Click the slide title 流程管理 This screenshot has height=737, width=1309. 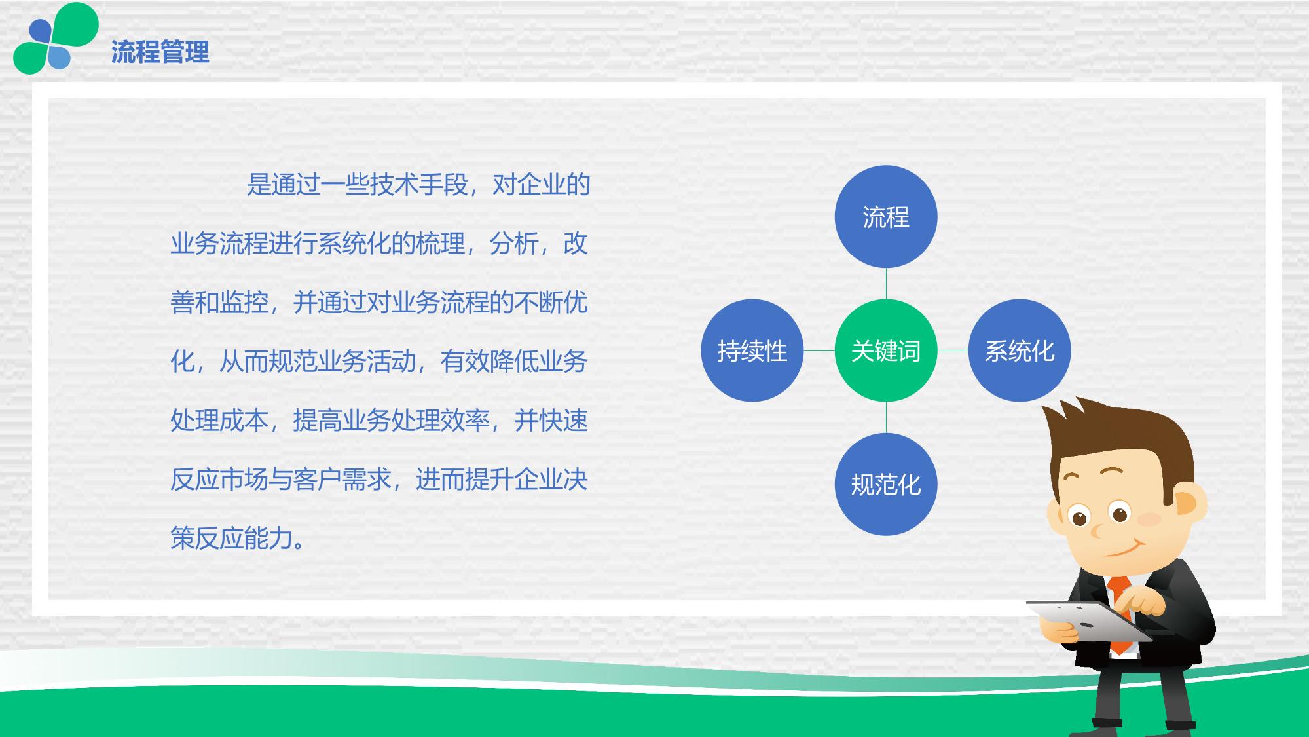pyautogui.click(x=160, y=52)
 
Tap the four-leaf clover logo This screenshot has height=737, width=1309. pyautogui.click(x=56, y=38)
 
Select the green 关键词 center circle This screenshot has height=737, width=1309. pyautogui.click(x=886, y=350)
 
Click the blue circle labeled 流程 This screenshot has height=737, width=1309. pyautogui.click(x=886, y=217)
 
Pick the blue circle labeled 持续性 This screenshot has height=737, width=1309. pyautogui.click(x=752, y=350)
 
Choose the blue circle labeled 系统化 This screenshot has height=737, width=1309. pyautogui.click(x=1020, y=350)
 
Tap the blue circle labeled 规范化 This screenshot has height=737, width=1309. pyautogui.click(x=886, y=484)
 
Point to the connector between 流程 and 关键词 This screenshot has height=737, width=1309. pyautogui.click(x=886, y=284)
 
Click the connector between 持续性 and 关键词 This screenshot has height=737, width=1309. pyautogui.click(x=819, y=350)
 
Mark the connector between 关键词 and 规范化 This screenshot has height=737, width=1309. pyautogui.click(x=886, y=417)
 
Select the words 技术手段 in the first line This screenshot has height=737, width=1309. pyautogui.click(x=418, y=185)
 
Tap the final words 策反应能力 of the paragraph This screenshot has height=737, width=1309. pyautogui.click(x=231, y=539)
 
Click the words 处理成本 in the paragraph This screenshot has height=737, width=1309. pyautogui.click(x=219, y=421)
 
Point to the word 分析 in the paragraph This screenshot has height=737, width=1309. pyautogui.click(x=513, y=244)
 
